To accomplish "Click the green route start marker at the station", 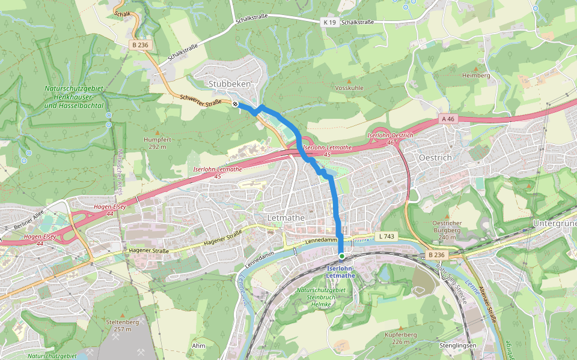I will (x=341, y=256).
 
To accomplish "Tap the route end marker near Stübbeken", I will (x=235, y=104).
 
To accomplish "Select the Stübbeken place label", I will (x=230, y=84).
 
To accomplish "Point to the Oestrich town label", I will (x=435, y=157).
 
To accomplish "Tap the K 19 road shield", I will (x=329, y=22).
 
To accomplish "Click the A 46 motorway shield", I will (x=449, y=119).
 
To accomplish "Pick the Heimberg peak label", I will (x=476, y=76).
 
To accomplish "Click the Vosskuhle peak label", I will (x=349, y=88).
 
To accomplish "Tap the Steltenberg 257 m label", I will (x=122, y=325).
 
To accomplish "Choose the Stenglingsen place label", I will (x=458, y=346).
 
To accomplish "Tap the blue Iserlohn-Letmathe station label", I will (x=341, y=272).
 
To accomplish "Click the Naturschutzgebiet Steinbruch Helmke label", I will (x=321, y=297).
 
